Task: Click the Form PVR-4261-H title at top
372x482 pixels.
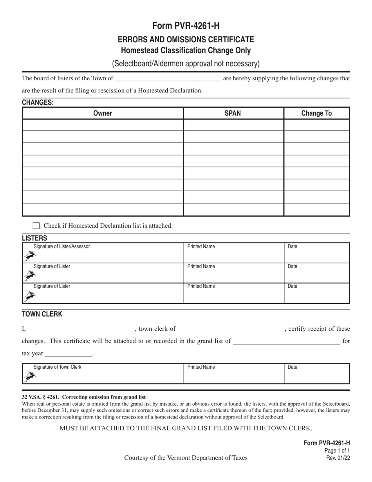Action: point(186,26)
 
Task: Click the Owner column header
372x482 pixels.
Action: point(103,113)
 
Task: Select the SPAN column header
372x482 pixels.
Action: point(233,113)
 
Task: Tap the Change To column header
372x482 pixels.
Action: point(316,113)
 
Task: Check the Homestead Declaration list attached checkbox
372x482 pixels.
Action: point(36,226)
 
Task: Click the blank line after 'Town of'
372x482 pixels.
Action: point(168,78)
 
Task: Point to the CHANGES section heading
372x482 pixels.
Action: point(38,103)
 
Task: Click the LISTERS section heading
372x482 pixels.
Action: point(34,238)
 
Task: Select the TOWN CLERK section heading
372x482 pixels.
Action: point(42,314)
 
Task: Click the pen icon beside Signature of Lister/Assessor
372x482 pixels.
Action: point(29,256)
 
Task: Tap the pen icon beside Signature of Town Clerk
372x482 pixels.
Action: point(29,377)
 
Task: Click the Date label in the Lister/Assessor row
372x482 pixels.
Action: point(293,246)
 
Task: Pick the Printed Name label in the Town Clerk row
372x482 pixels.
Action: point(201,367)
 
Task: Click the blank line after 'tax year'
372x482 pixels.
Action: point(69,354)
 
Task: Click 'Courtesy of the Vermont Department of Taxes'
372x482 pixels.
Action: point(186,458)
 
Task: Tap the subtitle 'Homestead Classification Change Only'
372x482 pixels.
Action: point(186,51)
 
